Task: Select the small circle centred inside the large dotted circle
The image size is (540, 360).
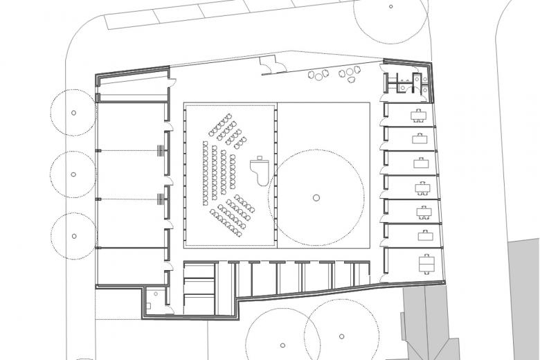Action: click(x=316, y=197)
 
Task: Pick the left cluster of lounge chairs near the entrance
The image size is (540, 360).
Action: click(x=320, y=75)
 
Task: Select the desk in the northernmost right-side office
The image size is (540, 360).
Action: click(x=418, y=115)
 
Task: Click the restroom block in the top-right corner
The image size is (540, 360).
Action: click(x=408, y=82)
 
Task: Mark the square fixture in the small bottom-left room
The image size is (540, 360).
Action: click(x=150, y=304)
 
